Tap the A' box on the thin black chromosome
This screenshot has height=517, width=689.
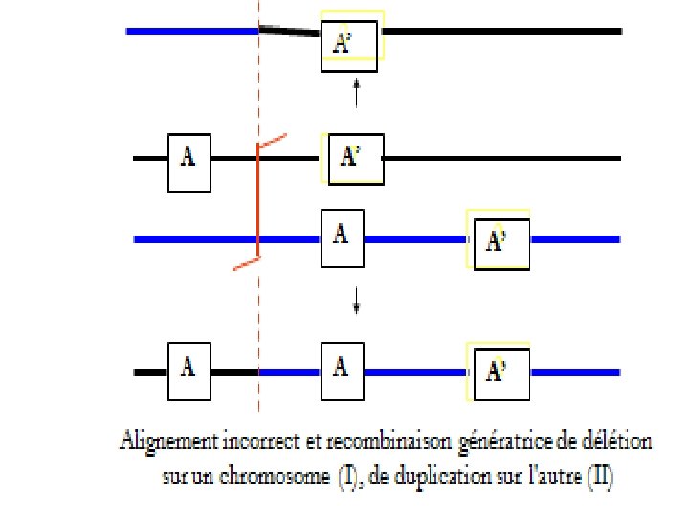(355, 158)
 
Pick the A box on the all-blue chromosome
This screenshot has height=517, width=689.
(342, 238)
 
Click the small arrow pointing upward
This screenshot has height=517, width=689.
(356, 93)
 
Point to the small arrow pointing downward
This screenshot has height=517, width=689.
(356, 303)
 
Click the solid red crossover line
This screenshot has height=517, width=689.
(258, 201)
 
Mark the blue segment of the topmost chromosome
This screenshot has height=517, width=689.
(191, 32)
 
